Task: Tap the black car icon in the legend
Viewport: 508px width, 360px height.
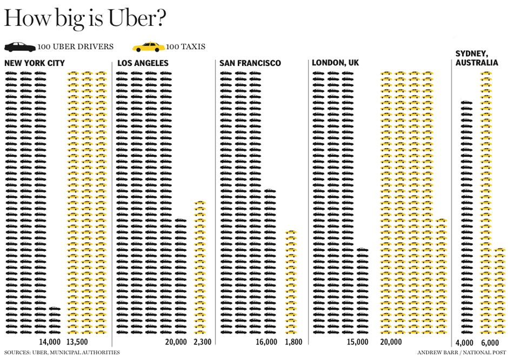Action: (20, 47)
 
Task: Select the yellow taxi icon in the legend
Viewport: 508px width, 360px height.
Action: (149, 47)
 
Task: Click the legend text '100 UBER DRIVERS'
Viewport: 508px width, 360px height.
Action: (76, 47)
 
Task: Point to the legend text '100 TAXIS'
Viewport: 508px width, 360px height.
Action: (186, 47)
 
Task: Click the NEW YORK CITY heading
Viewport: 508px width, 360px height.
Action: (35, 63)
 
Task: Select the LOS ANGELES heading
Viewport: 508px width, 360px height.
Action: (143, 63)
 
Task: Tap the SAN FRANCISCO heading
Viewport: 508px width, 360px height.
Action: (250, 63)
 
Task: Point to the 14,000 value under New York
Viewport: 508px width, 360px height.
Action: (50, 342)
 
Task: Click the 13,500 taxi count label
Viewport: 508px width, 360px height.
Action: (77, 342)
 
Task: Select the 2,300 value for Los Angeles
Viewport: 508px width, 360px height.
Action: (202, 342)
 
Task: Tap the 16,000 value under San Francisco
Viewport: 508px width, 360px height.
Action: (266, 342)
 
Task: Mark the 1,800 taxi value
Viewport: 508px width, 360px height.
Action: (293, 342)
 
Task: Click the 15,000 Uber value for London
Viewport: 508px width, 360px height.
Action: (358, 342)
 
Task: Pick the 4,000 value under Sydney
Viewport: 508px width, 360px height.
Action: (464, 342)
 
